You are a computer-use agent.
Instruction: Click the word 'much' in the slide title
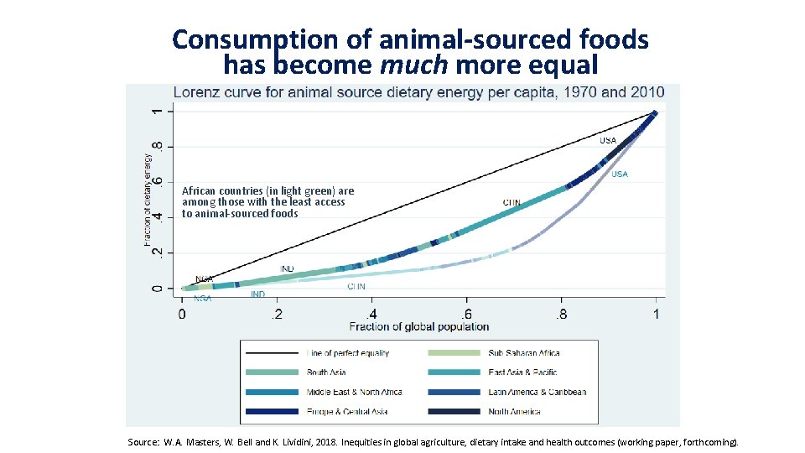(410, 64)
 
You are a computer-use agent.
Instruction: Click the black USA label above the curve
(607, 140)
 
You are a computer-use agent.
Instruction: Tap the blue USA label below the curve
(620, 174)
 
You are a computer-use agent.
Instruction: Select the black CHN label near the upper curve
(512, 202)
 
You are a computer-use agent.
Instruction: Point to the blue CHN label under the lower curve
(356, 286)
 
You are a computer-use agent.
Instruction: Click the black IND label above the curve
(287, 268)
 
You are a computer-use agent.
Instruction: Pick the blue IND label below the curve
(257, 294)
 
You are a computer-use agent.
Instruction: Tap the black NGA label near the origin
(204, 279)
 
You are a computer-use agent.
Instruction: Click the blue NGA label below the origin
(202, 298)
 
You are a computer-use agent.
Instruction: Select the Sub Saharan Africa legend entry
(524, 353)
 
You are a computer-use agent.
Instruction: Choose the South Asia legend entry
(326, 372)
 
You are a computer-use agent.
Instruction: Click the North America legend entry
(514, 411)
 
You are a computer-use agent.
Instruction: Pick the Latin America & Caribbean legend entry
(537, 392)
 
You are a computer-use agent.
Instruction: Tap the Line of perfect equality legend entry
(347, 353)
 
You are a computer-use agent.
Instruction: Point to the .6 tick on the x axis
(467, 314)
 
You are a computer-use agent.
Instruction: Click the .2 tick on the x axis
(276, 314)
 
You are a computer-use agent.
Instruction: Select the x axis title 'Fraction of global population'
(418, 326)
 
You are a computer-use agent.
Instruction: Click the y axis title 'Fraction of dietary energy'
(148, 199)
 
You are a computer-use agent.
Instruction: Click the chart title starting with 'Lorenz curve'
(418, 92)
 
